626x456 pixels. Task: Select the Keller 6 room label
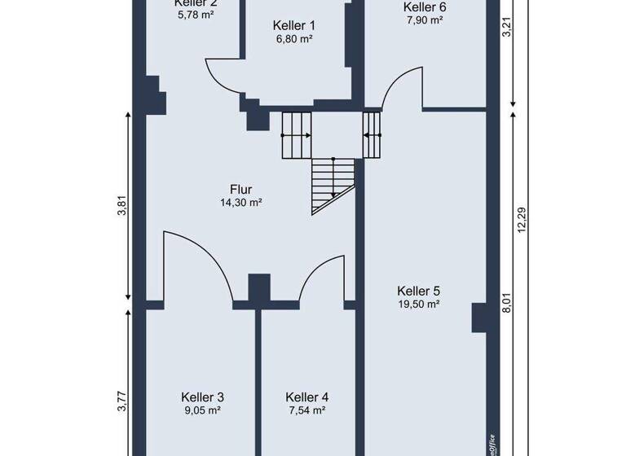pyautogui.click(x=425, y=7)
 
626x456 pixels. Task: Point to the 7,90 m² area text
pyautogui.click(x=425, y=20)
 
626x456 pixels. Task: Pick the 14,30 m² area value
pyautogui.click(x=240, y=202)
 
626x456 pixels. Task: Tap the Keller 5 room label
pyautogui.click(x=419, y=291)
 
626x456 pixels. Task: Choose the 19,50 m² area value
pyautogui.click(x=419, y=304)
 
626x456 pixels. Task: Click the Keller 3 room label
pyautogui.click(x=202, y=397)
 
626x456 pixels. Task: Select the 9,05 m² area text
pyautogui.click(x=202, y=410)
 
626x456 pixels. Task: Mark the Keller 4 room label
pyautogui.click(x=307, y=397)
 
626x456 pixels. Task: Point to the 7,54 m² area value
pyautogui.click(x=307, y=410)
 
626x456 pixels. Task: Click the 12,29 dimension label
pyautogui.click(x=522, y=221)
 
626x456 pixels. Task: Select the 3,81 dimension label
pyautogui.click(x=122, y=208)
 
